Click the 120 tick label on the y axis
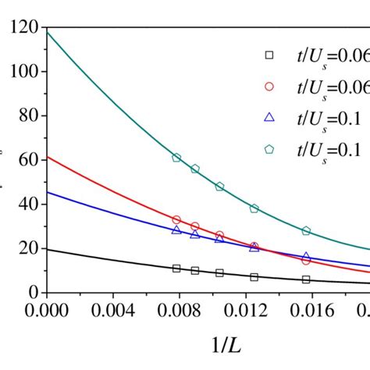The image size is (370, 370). (x=23, y=28)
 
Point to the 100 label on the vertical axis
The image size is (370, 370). (x=23, y=72)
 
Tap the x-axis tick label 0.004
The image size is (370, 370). (x=112, y=309)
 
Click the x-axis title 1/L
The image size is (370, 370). (x=212, y=345)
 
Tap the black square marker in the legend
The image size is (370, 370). (x=269, y=55)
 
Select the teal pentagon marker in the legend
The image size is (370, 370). (x=269, y=148)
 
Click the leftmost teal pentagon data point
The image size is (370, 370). (x=176, y=158)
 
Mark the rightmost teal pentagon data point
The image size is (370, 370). (x=306, y=231)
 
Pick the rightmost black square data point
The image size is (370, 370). (x=306, y=279)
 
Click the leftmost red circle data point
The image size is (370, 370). (x=176, y=220)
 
